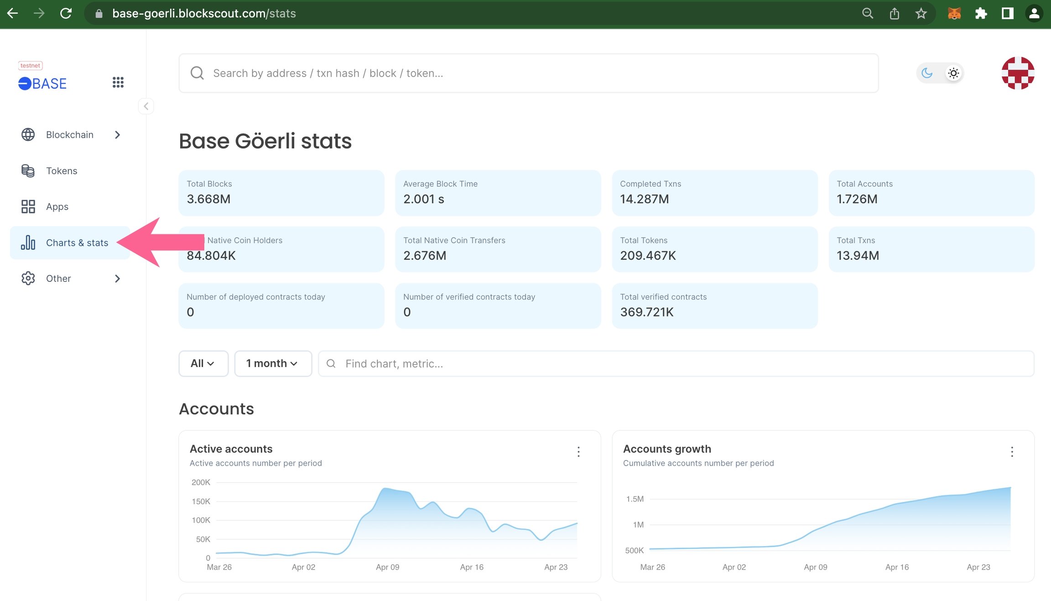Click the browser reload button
click(66, 13)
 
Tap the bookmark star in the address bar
click(921, 13)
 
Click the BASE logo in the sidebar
click(42, 83)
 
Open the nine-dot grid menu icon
click(118, 82)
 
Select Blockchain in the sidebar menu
click(70, 135)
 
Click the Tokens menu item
click(62, 171)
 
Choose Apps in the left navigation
click(57, 207)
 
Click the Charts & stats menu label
click(77, 243)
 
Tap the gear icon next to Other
click(28, 278)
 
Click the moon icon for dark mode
click(927, 73)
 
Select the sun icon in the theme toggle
click(953, 73)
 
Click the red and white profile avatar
click(1018, 73)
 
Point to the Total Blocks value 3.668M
click(208, 199)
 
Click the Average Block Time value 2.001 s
click(424, 199)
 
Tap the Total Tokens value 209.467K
click(648, 255)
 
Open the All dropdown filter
click(203, 363)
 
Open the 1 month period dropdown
click(273, 363)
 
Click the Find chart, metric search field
click(676, 363)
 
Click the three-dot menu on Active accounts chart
click(578, 452)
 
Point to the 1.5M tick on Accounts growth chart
click(635, 499)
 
